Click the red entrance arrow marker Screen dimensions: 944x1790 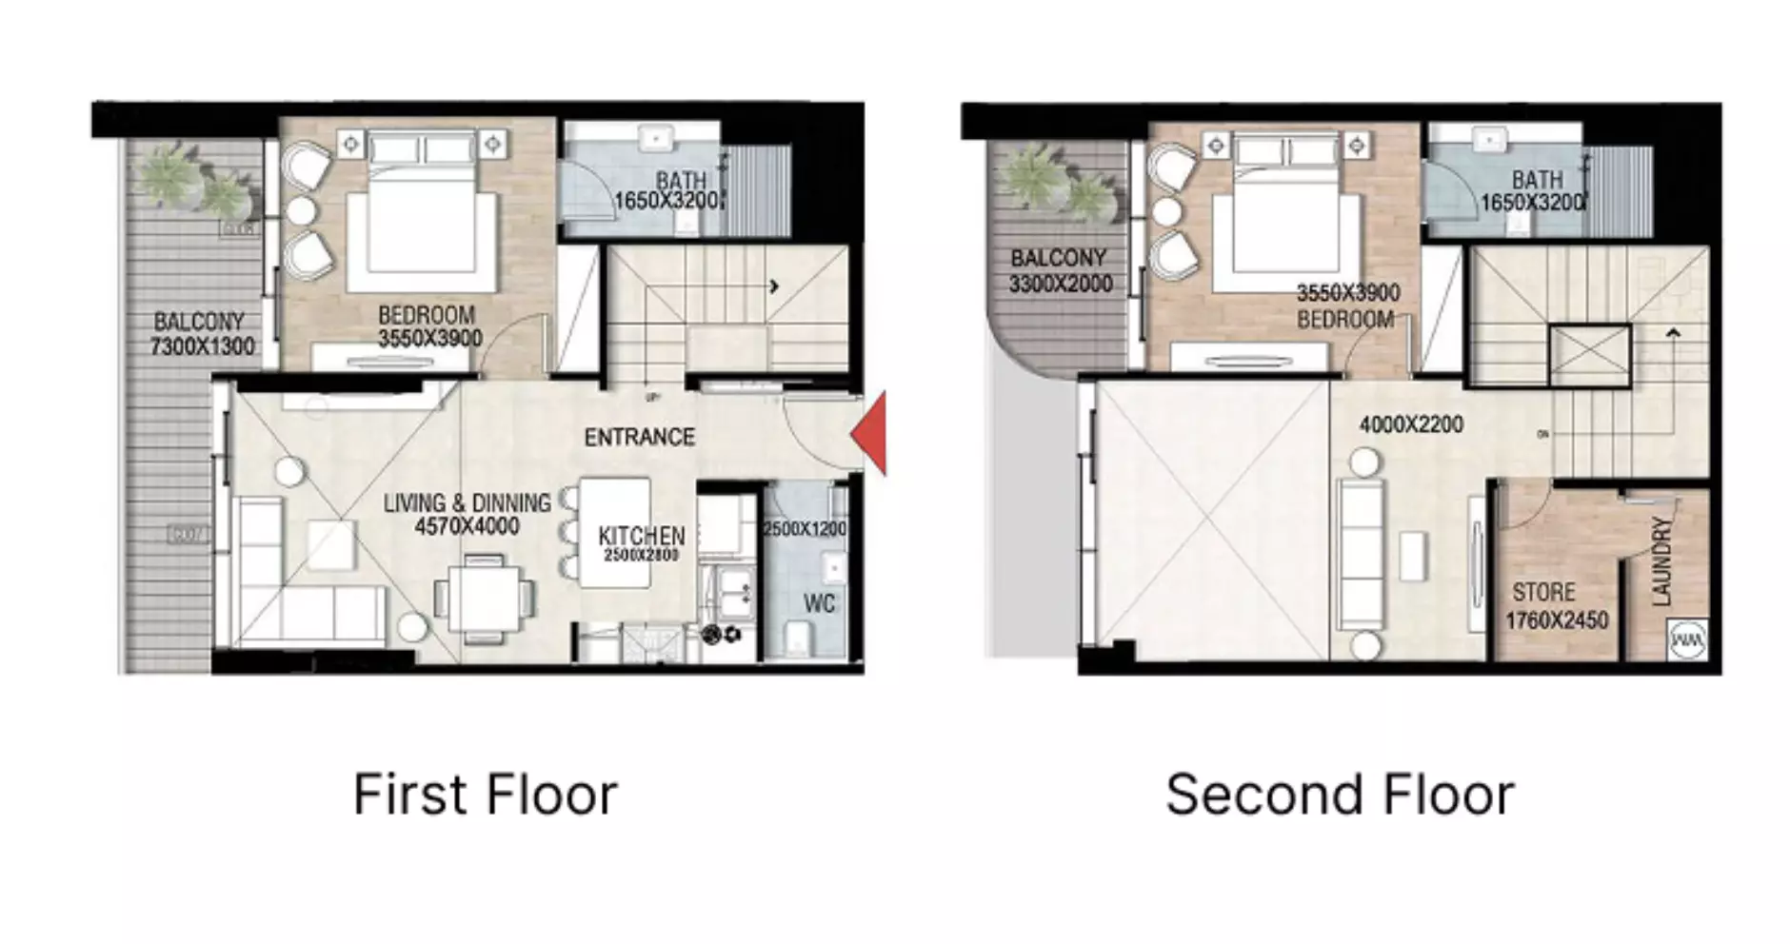tap(871, 434)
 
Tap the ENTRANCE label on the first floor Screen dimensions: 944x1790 tap(639, 438)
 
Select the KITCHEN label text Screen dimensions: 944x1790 tap(641, 536)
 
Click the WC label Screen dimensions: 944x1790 tap(819, 603)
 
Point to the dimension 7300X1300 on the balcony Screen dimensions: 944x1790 tap(202, 346)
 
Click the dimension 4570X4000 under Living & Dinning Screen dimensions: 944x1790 tap(467, 526)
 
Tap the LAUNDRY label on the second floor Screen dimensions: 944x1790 tap(1661, 561)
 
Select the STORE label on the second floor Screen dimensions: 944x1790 tap(1542, 592)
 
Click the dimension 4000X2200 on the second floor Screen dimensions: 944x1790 tap(1411, 425)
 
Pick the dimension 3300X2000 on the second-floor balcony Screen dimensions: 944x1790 tap(1061, 284)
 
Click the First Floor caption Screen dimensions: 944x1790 tap(485, 795)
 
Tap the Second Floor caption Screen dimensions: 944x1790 tap(1340, 795)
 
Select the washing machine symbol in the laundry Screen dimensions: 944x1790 tap(1686, 639)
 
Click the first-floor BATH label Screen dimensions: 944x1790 tap(682, 180)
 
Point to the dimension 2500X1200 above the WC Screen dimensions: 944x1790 tap(805, 529)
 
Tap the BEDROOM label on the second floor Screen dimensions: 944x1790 tap(1345, 319)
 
